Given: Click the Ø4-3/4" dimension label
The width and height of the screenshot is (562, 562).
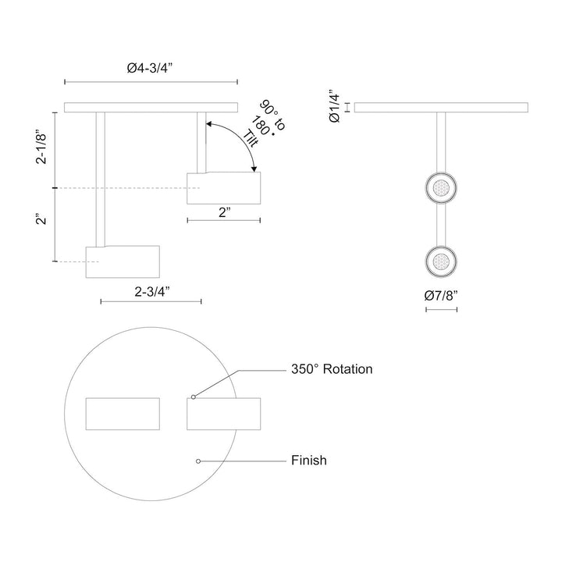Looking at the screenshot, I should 149,69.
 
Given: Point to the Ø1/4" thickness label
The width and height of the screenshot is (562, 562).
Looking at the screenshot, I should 335,107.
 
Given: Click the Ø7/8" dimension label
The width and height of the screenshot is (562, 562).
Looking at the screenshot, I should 441,297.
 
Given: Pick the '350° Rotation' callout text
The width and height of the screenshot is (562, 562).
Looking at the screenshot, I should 332,369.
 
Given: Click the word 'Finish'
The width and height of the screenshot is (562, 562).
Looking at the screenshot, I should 308,461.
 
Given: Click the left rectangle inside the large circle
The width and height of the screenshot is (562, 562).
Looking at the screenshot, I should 123,413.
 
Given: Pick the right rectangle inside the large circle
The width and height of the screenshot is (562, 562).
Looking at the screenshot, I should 224,413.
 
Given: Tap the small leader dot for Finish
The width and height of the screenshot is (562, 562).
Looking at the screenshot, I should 199,461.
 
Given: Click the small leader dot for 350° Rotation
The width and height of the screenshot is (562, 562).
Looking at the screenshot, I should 193,397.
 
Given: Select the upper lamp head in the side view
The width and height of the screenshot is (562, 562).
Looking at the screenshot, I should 224,188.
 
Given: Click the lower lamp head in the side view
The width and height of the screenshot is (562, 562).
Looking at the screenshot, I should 123,261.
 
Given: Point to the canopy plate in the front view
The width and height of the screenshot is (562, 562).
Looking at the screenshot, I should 441,108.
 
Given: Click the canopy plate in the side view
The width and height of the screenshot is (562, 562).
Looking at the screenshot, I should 150,108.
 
